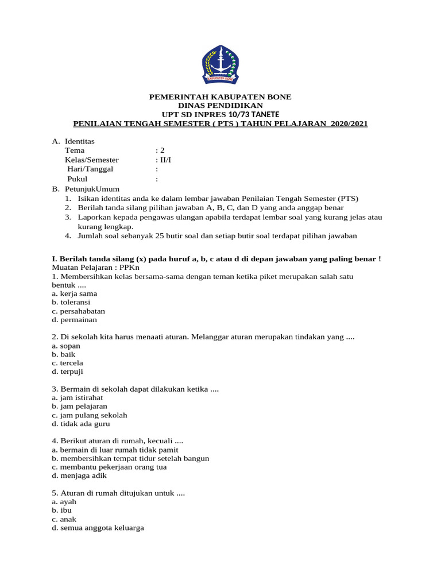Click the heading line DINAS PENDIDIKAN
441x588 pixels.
coord(220,106)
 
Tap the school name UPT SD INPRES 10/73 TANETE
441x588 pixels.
coord(220,115)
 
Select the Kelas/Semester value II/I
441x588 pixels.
coord(165,160)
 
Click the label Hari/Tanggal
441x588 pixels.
coord(90,169)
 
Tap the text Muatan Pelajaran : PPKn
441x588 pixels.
coord(96,267)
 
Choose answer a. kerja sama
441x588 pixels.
coord(74,293)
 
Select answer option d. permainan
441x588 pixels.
coord(74,319)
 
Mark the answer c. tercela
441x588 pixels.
coord(67,363)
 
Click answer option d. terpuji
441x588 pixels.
coord(67,372)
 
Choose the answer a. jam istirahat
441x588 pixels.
coord(77,397)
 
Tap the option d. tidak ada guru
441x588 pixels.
coord(80,424)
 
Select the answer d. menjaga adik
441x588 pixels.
coord(79,475)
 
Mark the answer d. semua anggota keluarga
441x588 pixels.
coord(98,528)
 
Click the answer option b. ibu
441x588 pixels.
coord(60,510)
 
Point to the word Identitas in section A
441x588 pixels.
coord(80,141)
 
